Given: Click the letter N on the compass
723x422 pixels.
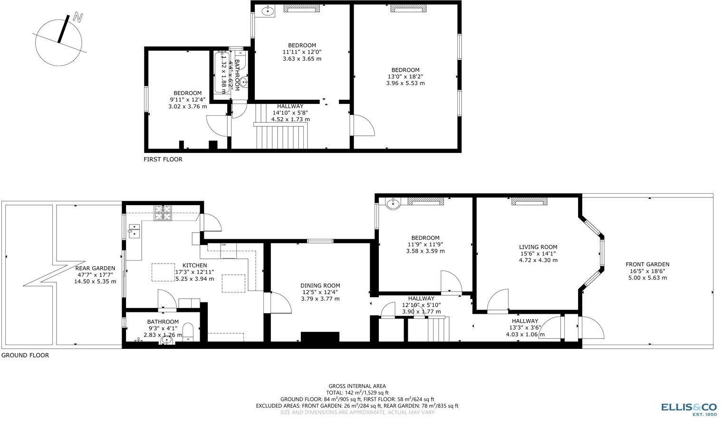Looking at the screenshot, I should coord(78,18).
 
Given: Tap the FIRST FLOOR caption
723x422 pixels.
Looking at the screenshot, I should coord(163,159).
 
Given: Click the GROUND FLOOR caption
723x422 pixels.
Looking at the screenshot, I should coord(25,355).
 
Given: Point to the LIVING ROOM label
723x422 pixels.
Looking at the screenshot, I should coord(538,247).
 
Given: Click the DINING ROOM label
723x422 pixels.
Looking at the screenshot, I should coord(320,285).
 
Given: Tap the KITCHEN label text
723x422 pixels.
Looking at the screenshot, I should coord(195,265).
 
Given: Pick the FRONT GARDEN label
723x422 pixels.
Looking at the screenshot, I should coord(647,264).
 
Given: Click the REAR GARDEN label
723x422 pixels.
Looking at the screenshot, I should coord(96,268).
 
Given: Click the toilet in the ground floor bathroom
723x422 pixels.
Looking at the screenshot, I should coord(188,332).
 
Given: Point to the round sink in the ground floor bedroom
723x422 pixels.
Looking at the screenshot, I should coord(393,204).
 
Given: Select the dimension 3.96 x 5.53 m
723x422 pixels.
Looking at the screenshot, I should coord(405,83).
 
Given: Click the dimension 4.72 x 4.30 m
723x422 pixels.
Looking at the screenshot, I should coord(538,260).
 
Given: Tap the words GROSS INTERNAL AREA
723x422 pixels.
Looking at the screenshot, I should coord(357,386).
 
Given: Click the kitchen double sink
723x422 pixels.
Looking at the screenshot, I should coord(134,231).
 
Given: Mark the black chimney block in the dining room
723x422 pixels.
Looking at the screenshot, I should coord(320,337).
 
